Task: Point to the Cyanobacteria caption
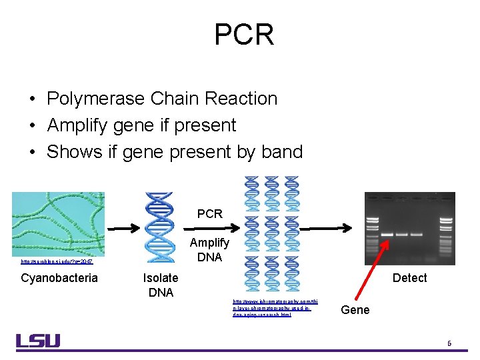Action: pyautogui.click(x=59, y=278)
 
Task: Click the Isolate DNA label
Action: pyautogui.click(x=161, y=285)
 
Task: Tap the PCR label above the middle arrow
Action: pyautogui.click(x=210, y=214)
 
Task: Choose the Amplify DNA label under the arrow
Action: pyautogui.click(x=209, y=249)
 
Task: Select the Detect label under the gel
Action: pyautogui.click(x=409, y=278)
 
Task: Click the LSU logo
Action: pyautogui.click(x=38, y=341)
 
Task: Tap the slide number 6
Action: pyautogui.click(x=449, y=343)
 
